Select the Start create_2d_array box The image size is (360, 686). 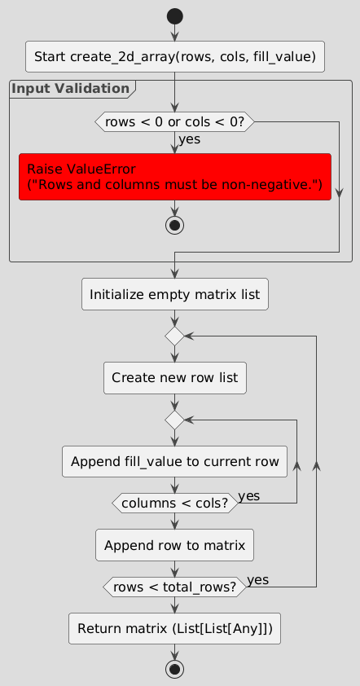(175, 56)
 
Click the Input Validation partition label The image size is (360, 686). (71, 88)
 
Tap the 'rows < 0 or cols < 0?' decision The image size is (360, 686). (175, 121)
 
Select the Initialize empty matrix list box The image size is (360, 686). (175, 294)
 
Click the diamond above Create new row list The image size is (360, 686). (175, 336)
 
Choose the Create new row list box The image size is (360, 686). (175, 378)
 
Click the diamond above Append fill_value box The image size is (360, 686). (175, 420)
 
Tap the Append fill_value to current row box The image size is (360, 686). (175, 461)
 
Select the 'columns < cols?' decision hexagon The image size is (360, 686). (175, 504)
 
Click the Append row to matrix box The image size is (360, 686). (175, 545)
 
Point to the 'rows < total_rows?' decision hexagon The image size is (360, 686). (175, 587)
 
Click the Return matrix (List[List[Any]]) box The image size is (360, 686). (175, 628)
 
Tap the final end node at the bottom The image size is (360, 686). (175, 669)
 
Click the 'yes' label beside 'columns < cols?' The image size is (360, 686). (249, 496)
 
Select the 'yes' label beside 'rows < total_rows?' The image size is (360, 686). (257, 579)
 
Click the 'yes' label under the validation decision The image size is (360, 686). (189, 139)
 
